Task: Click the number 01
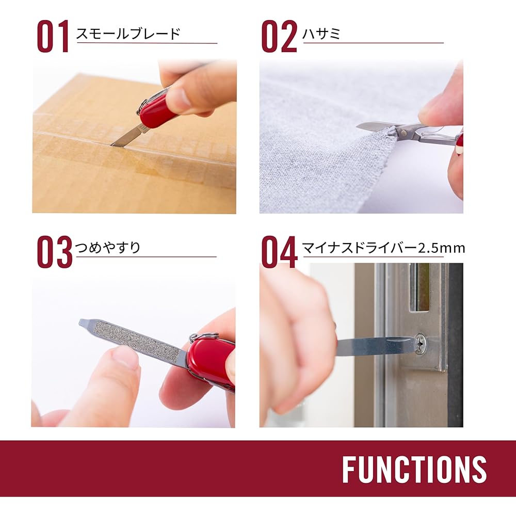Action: tap(53, 37)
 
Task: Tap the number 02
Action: tap(279, 37)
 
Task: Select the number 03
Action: tap(55, 252)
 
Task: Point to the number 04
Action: tap(279, 252)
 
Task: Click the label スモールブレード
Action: tap(128, 34)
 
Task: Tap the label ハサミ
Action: tap(322, 34)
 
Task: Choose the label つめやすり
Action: tap(108, 248)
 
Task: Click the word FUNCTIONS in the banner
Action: tap(414, 470)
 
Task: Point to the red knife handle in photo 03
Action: tap(212, 361)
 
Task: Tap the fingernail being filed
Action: tap(125, 357)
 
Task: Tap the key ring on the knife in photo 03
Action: tap(204, 337)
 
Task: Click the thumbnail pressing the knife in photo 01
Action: tap(178, 98)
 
